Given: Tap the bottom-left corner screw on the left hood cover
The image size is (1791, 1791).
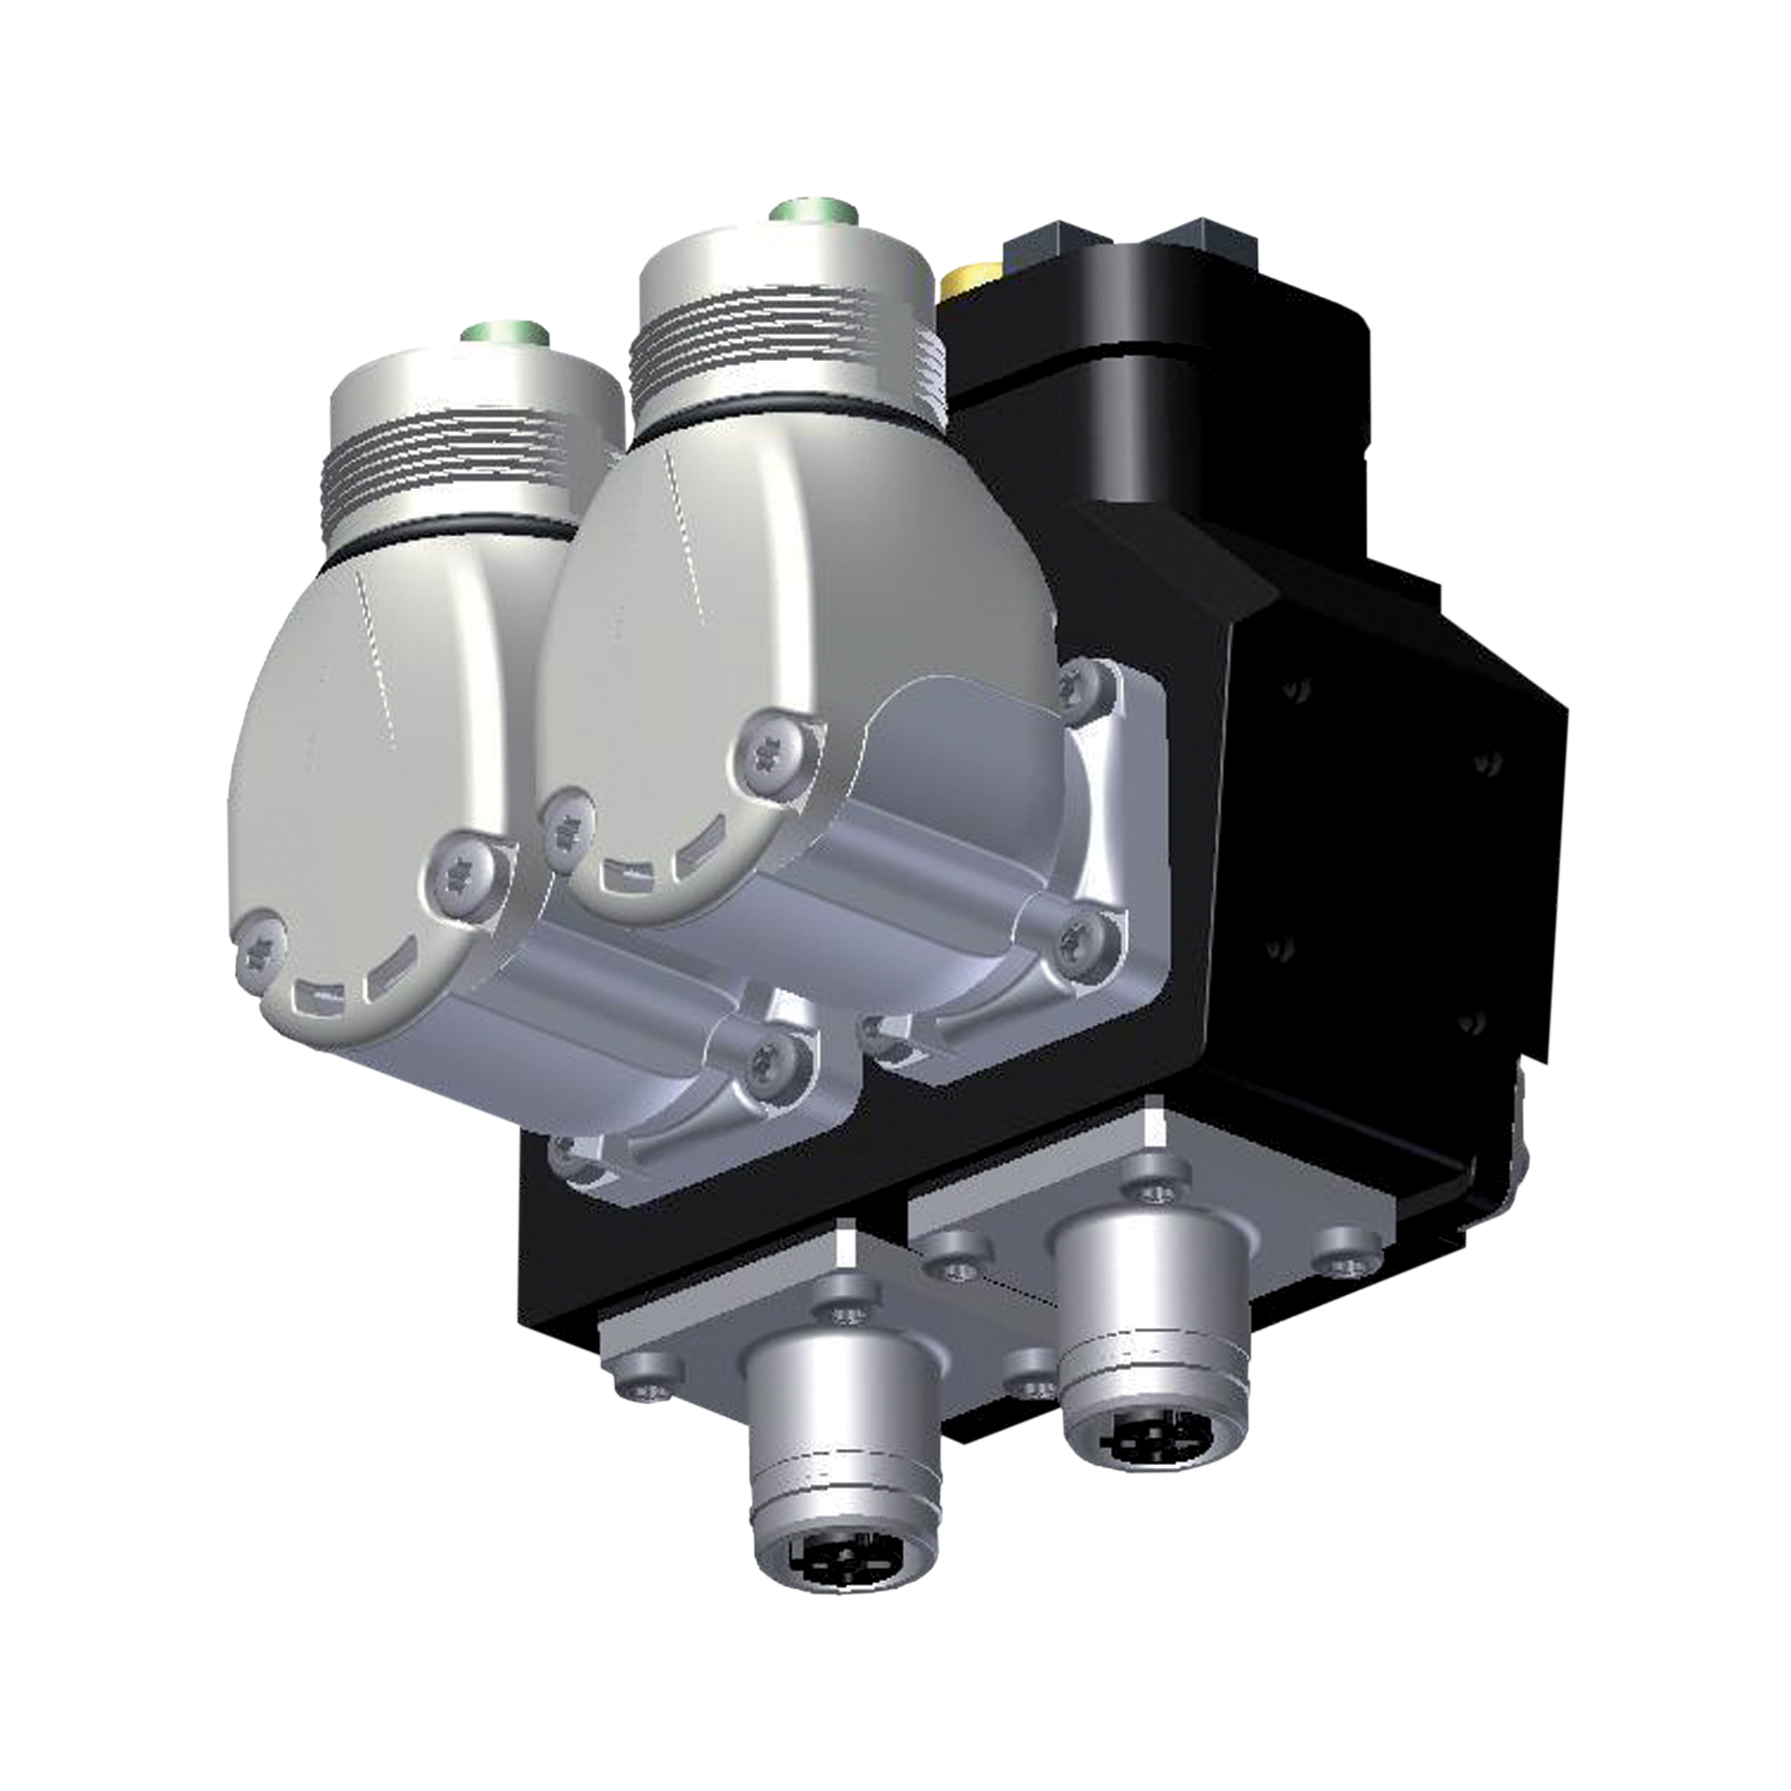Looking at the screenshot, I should pyautogui.click(x=258, y=945).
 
